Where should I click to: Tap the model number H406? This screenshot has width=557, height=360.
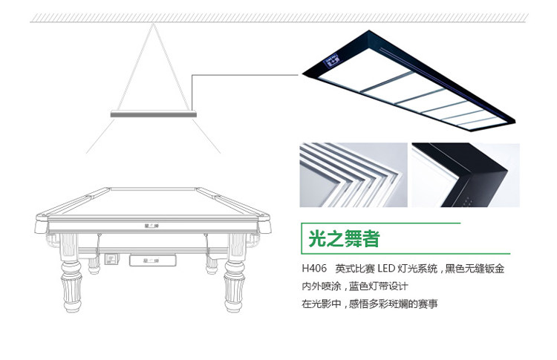[x=313, y=269]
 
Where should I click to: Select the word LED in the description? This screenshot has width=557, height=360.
[x=384, y=269]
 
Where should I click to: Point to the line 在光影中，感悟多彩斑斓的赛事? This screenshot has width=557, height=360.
[x=369, y=304]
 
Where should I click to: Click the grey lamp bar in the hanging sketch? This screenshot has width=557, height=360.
[x=154, y=114]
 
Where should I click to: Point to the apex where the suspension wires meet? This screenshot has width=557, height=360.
[x=154, y=24]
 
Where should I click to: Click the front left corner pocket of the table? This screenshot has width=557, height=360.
[x=42, y=220]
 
